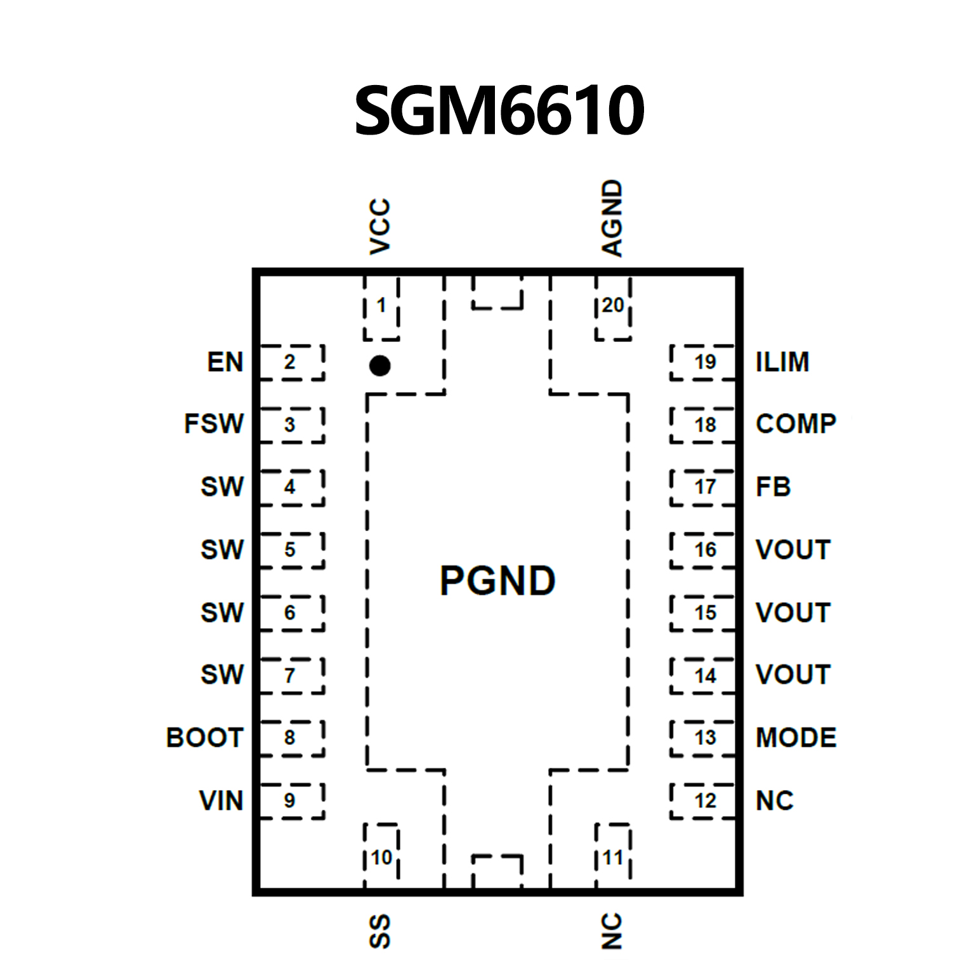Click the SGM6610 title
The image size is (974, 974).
(499, 111)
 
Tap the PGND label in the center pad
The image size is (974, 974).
(497, 581)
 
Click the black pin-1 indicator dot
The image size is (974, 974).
(379, 365)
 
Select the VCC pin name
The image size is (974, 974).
(379, 227)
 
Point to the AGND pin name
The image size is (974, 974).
(612, 218)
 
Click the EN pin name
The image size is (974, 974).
(225, 362)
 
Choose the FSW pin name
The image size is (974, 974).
(214, 424)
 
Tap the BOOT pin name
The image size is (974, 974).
(205, 738)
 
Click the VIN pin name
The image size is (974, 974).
(221, 801)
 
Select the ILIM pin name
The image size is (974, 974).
(782, 362)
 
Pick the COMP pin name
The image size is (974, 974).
(796, 424)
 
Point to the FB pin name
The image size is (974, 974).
(773, 487)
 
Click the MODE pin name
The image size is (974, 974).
(796, 738)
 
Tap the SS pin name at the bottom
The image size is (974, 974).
(379, 931)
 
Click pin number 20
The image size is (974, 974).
(612, 305)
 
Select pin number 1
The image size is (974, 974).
(381, 305)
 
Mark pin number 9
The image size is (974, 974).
(289, 801)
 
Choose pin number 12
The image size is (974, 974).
(705, 801)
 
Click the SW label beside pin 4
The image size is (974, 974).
(222, 487)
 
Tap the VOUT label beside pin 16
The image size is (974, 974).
(793, 550)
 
